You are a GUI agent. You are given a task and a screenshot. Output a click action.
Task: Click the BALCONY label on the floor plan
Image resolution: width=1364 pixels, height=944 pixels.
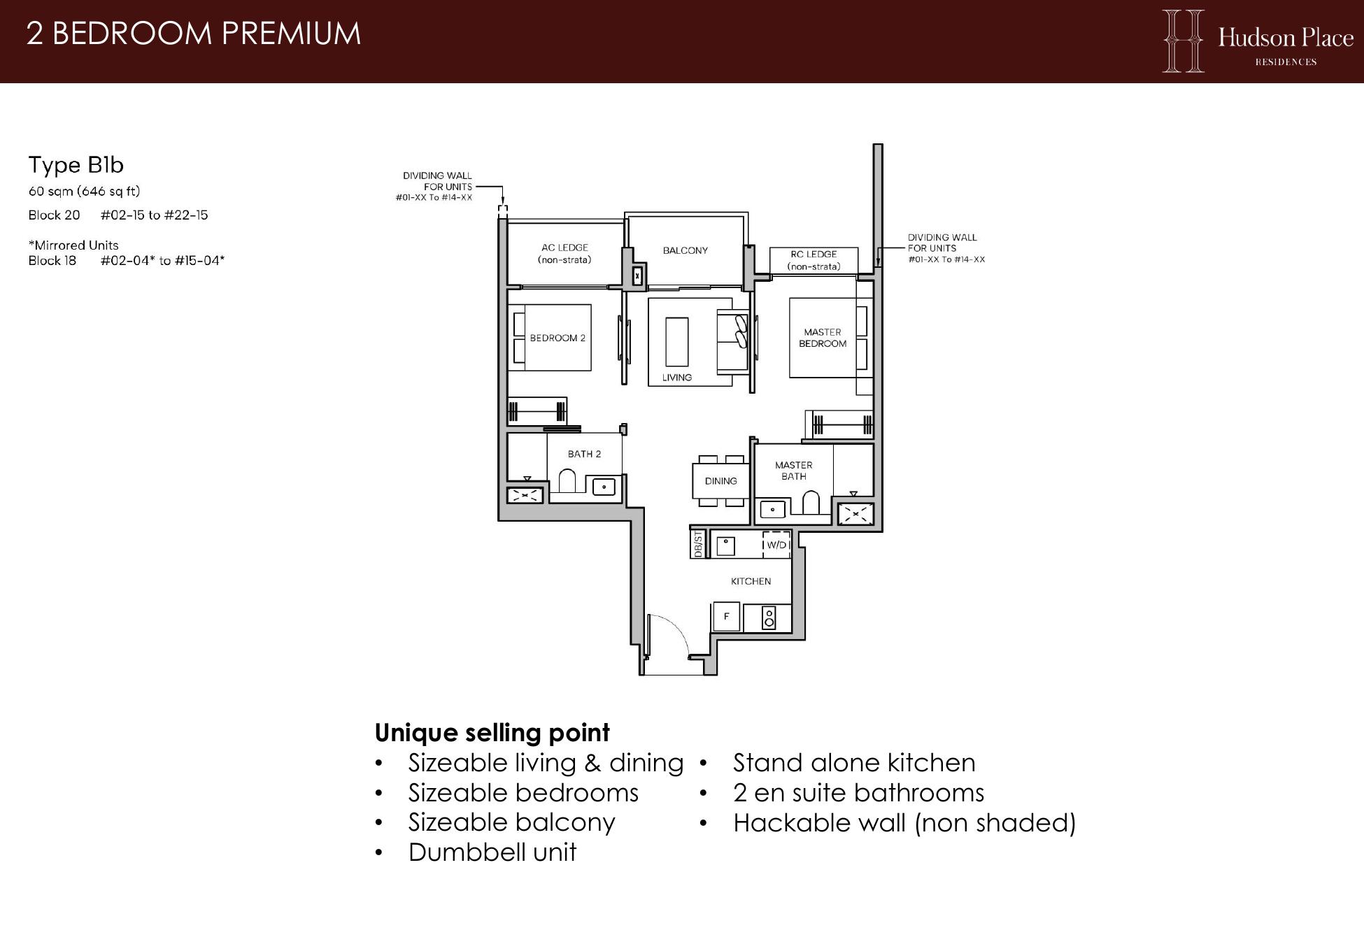[685, 250]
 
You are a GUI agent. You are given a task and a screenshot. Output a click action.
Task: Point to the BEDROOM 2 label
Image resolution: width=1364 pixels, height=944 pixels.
[557, 338]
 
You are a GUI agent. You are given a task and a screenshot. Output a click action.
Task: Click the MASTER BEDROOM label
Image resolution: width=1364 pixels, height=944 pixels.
[823, 338]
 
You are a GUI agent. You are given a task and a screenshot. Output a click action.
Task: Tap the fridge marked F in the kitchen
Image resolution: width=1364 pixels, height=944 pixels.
[726, 617]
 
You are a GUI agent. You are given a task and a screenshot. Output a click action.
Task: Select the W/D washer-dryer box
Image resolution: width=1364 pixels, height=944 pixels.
[776, 545]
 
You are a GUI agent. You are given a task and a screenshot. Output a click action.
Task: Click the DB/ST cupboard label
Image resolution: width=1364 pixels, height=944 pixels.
[698, 544]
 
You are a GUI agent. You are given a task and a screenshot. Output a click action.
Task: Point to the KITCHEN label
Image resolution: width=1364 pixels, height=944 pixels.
[751, 581]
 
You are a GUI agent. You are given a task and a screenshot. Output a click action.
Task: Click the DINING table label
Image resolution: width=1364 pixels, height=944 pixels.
[721, 481]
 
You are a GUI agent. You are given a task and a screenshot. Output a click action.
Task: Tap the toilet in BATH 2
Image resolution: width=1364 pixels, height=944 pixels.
[567, 481]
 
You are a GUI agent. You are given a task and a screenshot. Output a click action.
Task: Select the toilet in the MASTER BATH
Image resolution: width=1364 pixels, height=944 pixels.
[811, 503]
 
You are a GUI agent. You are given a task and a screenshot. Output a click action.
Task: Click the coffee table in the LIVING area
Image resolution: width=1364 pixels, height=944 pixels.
[676, 341]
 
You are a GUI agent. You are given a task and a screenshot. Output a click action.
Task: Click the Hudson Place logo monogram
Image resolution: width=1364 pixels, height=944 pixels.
[1183, 41]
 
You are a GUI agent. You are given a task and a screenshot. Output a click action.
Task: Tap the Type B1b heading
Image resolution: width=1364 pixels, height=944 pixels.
[76, 165]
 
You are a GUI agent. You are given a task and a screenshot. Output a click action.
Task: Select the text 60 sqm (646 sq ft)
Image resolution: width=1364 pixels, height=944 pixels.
[85, 191]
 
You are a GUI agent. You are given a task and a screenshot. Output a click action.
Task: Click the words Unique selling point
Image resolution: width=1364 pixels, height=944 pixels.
[492, 733]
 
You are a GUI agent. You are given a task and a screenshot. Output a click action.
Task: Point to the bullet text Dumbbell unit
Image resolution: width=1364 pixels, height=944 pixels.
[492, 852]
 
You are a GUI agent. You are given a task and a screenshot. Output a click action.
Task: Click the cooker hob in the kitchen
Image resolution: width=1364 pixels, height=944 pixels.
[769, 618]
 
